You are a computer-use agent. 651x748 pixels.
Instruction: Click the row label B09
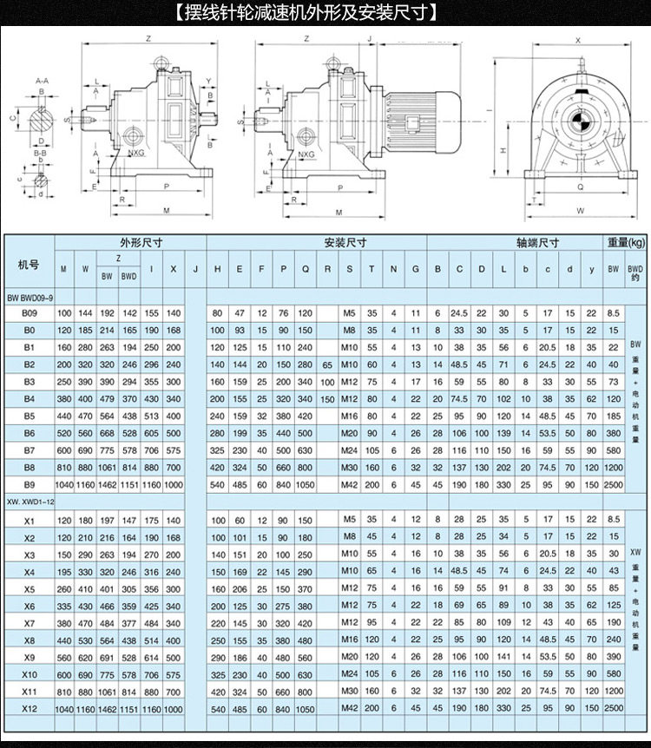click(x=29, y=313)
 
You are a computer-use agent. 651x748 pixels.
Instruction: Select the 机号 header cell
click(x=29, y=263)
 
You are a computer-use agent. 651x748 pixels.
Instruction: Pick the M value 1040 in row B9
click(x=63, y=483)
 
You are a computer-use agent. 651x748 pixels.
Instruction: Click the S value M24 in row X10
click(x=349, y=673)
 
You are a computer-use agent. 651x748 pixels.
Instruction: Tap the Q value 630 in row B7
click(x=305, y=449)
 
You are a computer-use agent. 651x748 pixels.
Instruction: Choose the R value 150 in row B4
click(x=327, y=398)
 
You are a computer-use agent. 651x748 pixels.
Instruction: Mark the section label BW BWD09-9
click(x=31, y=297)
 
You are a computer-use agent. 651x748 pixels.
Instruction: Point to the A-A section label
click(x=40, y=80)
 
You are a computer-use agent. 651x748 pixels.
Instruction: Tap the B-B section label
click(x=40, y=154)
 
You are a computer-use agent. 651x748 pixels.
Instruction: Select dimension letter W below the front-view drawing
click(x=579, y=210)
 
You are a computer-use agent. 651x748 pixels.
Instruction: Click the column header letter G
click(x=416, y=269)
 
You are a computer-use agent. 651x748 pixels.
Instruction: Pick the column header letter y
click(x=591, y=269)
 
